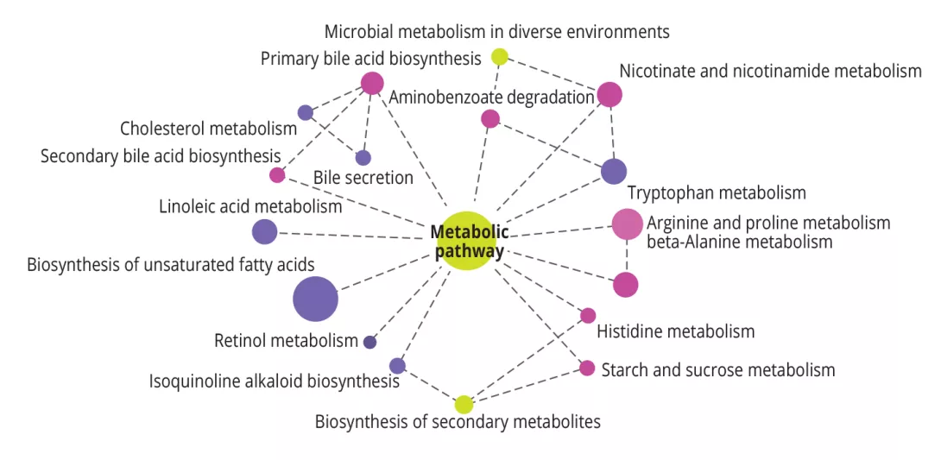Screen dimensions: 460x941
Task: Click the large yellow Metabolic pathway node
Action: coord(467,241)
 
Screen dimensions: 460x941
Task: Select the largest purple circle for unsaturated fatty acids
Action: coord(315,299)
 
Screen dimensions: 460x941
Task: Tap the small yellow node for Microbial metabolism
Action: coord(499,57)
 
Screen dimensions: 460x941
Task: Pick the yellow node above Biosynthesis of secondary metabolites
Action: coord(464,404)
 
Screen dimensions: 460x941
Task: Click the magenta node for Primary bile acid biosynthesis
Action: coord(372,83)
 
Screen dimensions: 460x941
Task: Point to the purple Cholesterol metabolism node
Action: coord(305,112)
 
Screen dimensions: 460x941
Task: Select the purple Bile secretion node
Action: coord(363,157)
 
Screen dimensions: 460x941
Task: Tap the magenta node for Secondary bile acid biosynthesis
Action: coord(277,175)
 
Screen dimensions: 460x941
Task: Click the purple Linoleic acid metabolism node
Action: coord(264,231)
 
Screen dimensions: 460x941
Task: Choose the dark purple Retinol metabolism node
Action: coord(370,342)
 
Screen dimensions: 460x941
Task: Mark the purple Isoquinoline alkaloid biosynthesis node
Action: coord(397,365)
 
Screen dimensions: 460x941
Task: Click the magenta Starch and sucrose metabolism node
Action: coord(587,368)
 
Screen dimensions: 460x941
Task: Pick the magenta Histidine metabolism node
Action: coord(588,315)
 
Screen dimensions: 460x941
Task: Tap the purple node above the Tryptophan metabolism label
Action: coord(613,171)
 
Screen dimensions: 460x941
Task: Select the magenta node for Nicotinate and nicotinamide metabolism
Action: coord(609,94)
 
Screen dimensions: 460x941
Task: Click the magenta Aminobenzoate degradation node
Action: coord(490,118)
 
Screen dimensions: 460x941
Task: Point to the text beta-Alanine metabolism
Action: coord(739,242)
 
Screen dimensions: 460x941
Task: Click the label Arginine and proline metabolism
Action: coord(767,223)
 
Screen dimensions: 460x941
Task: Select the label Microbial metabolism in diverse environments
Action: coord(496,32)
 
